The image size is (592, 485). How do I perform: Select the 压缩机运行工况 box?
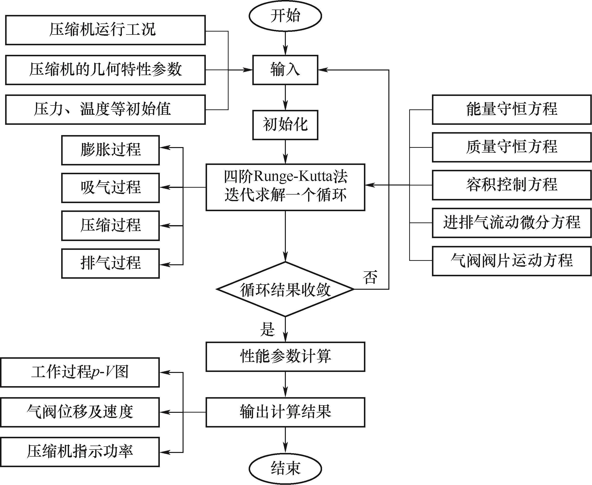(x=105, y=30)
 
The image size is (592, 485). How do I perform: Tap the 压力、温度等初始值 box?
(x=105, y=110)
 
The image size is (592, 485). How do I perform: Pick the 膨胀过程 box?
(x=110, y=150)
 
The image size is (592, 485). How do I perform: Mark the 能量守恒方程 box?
(x=511, y=110)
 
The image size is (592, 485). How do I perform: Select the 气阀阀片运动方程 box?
(x=511, y=261)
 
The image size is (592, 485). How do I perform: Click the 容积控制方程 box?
(x=511, y=185)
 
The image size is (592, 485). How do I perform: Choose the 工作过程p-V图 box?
(x=80, y=372)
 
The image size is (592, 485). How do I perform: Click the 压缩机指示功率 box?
(x=80, y=452)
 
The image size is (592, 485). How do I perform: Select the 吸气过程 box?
(x=110, y=188)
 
